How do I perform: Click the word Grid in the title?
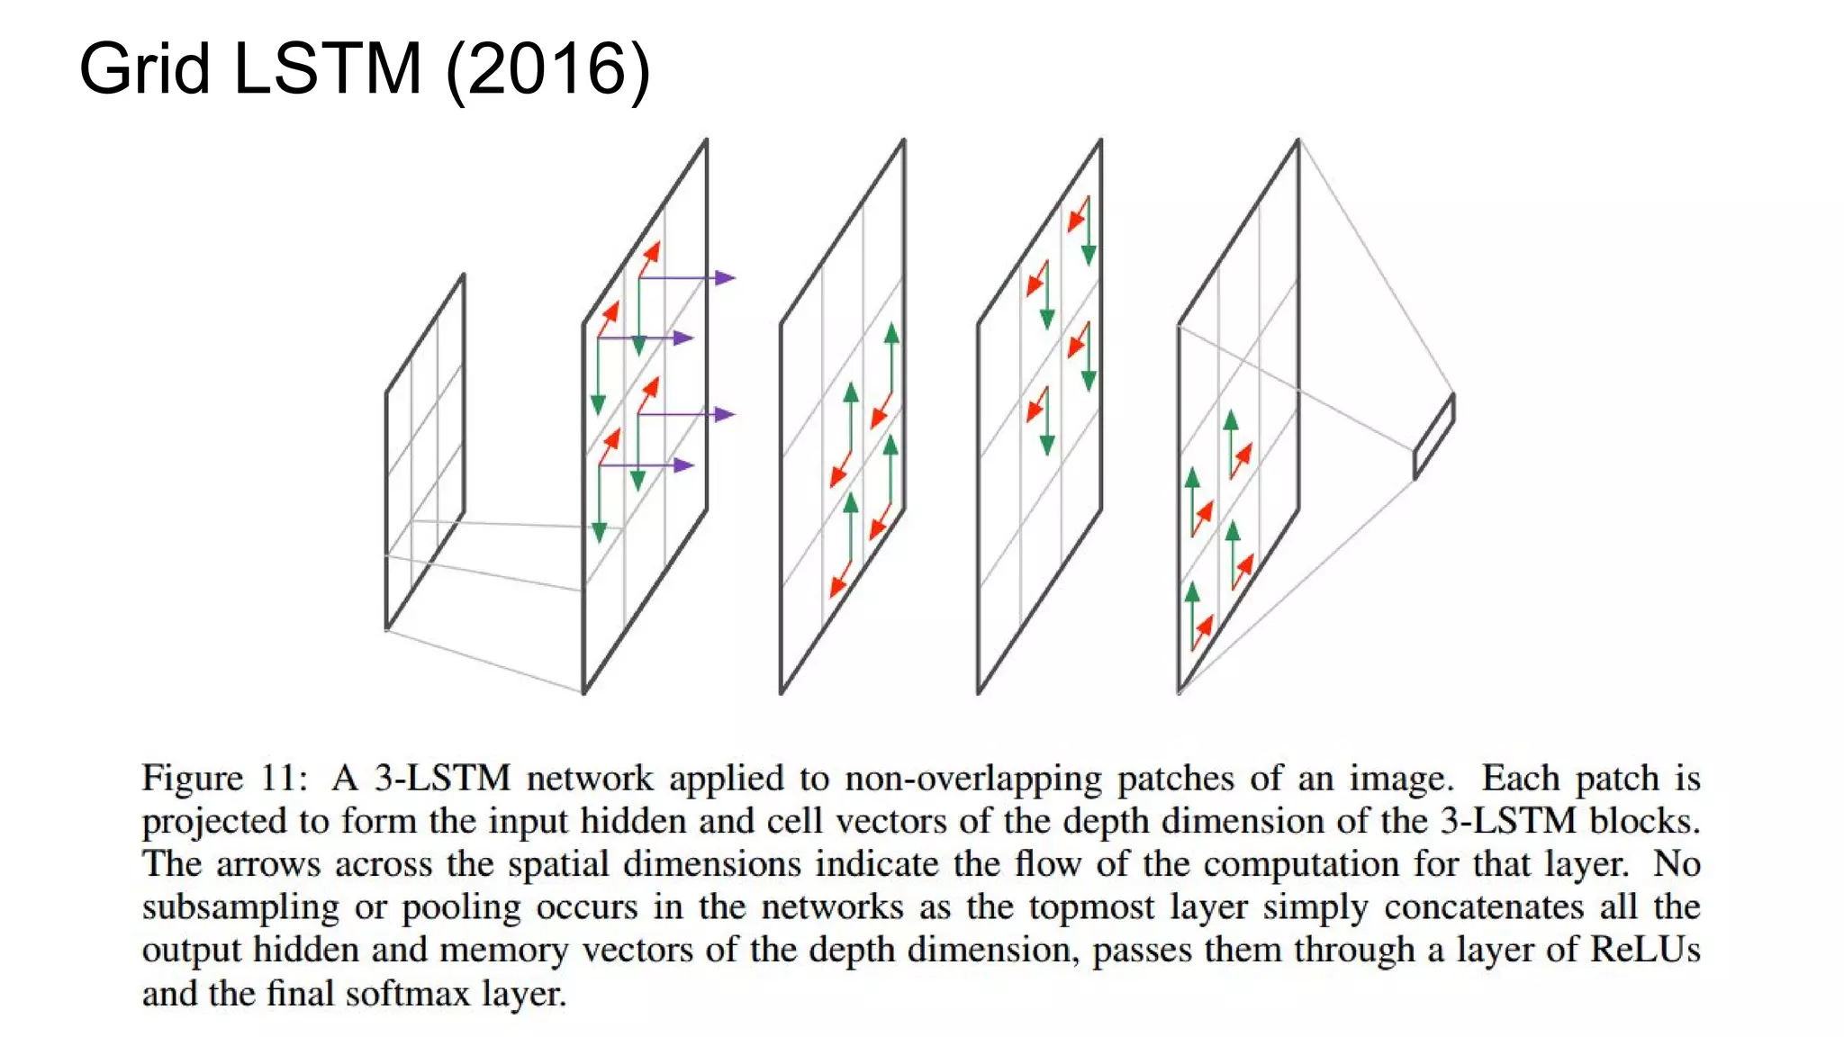click(145, 69)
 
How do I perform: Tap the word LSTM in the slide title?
click(328, 69)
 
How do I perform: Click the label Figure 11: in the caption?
click(225, 778)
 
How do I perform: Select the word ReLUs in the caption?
click(1645, 950)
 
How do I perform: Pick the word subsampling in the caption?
click(240, 907)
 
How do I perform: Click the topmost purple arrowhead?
click(726, 278)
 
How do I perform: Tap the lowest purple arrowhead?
click(685, 465)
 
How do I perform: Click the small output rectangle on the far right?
click(1434, 437)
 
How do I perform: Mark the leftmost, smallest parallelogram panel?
click(425, 450)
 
